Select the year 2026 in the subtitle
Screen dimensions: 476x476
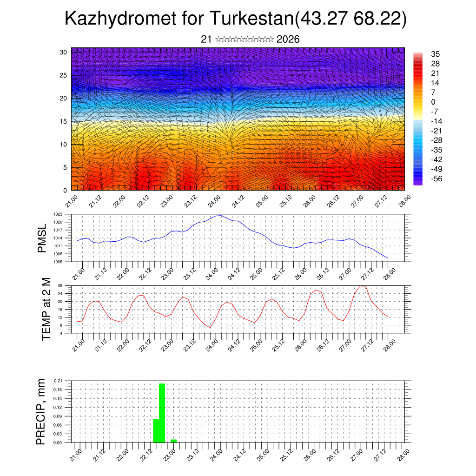(288, 39)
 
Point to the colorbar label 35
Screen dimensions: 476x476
(436, 54)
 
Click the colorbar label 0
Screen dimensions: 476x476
(433, 102)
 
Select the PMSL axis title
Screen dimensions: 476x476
(42, 238)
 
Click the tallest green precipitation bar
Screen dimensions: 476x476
(162, 413)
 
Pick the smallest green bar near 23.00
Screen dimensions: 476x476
(173, 441)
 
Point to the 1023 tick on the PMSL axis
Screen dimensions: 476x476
(58, 214)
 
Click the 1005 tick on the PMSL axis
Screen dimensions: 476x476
(58, 262)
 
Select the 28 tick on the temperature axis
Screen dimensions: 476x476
(60, 285)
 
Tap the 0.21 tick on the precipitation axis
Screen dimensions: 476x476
(58, 381)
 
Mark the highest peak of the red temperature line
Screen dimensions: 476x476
(363, 286)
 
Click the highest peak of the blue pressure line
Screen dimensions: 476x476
(219, 216)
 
